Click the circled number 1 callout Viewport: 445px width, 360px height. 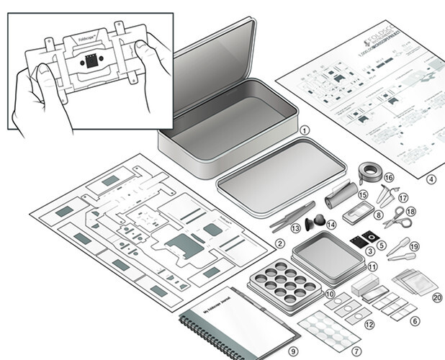[x=305, y=130]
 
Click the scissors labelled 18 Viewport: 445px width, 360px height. [x=398, y=216]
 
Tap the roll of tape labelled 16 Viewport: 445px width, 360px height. [x=370, y=172]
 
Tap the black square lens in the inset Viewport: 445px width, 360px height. [x=90, y=60]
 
